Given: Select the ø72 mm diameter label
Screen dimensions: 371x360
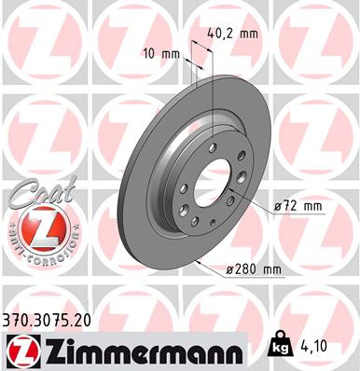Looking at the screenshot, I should (299, 202).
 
